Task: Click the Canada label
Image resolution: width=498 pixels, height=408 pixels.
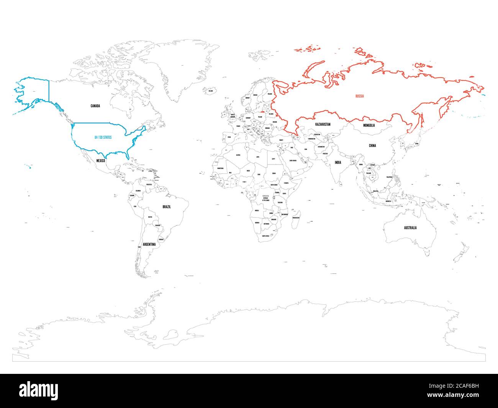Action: click(95, 106)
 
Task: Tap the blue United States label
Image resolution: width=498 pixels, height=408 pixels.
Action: click(103, 137)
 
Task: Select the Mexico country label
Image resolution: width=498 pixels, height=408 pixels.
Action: click(100, 161)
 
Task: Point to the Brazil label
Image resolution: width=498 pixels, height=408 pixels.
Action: click(167, 207)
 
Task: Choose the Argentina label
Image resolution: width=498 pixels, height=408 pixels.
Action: click(149, 244)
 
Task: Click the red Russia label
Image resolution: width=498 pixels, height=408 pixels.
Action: click(359, 96)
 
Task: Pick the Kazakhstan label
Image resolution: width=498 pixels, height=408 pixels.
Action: click(323, 125)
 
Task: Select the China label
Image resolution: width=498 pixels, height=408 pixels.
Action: click(372, 146)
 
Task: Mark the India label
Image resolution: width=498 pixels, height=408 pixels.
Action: click(338, 163)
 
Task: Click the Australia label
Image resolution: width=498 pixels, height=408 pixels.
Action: click(410, 228)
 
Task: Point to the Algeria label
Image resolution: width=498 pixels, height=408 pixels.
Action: click(238, 155)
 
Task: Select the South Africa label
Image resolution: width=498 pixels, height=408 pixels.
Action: click(265, 236)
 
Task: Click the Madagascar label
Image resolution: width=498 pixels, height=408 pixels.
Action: click(296, 217)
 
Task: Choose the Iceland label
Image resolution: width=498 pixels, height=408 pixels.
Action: click(210, 91)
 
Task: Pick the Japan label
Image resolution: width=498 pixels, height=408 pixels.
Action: click(417, 145)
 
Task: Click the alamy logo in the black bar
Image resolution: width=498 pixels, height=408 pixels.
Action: click(39, 390)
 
